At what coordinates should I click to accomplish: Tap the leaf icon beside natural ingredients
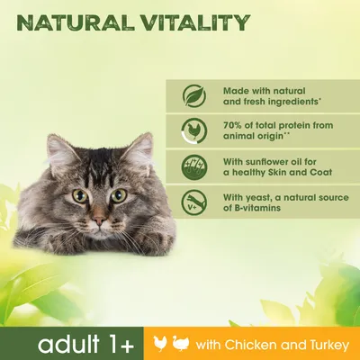point(191,96)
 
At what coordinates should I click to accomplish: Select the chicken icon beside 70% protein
point(191,130)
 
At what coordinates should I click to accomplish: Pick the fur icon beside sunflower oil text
point(191,165)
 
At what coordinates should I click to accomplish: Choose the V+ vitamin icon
point(191,201)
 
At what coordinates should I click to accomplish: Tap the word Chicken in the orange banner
point(275,343)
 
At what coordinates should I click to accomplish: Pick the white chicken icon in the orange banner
point(186,343)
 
